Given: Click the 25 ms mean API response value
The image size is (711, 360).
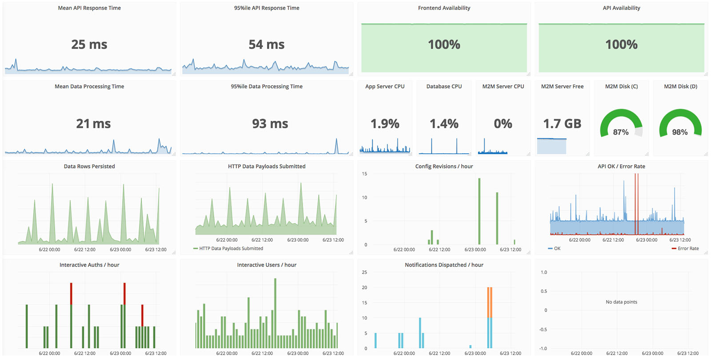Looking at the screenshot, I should pos(89,44).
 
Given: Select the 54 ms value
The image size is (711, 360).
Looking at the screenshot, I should pos(266,44).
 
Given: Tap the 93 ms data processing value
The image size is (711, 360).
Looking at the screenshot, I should pos(270,124).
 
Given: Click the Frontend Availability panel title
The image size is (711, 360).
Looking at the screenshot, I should pos(443,8).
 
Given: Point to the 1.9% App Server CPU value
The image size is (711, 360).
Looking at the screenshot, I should pos(385,124).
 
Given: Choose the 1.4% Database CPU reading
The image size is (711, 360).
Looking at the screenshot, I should pos(443,124).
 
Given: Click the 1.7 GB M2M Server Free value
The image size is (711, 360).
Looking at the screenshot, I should pos(562,124).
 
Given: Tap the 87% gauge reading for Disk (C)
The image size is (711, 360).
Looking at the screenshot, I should pos(620,132).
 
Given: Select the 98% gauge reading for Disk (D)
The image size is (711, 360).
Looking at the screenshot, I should pos(679,132).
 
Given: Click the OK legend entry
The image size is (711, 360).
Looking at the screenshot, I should pos(557,248).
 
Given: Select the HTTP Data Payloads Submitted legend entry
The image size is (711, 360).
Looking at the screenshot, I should pos(231,248).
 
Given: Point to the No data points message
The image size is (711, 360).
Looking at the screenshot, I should pos(621,302).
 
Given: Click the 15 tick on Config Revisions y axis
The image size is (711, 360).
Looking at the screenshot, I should pos(364,174).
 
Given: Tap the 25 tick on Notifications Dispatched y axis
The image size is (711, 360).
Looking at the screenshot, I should pos(364,272).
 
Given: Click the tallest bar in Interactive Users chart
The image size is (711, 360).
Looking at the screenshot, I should pos(275,311).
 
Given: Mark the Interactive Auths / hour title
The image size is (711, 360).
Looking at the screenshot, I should pos(89,265).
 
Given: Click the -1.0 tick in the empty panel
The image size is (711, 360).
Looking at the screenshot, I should pos(543,348).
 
